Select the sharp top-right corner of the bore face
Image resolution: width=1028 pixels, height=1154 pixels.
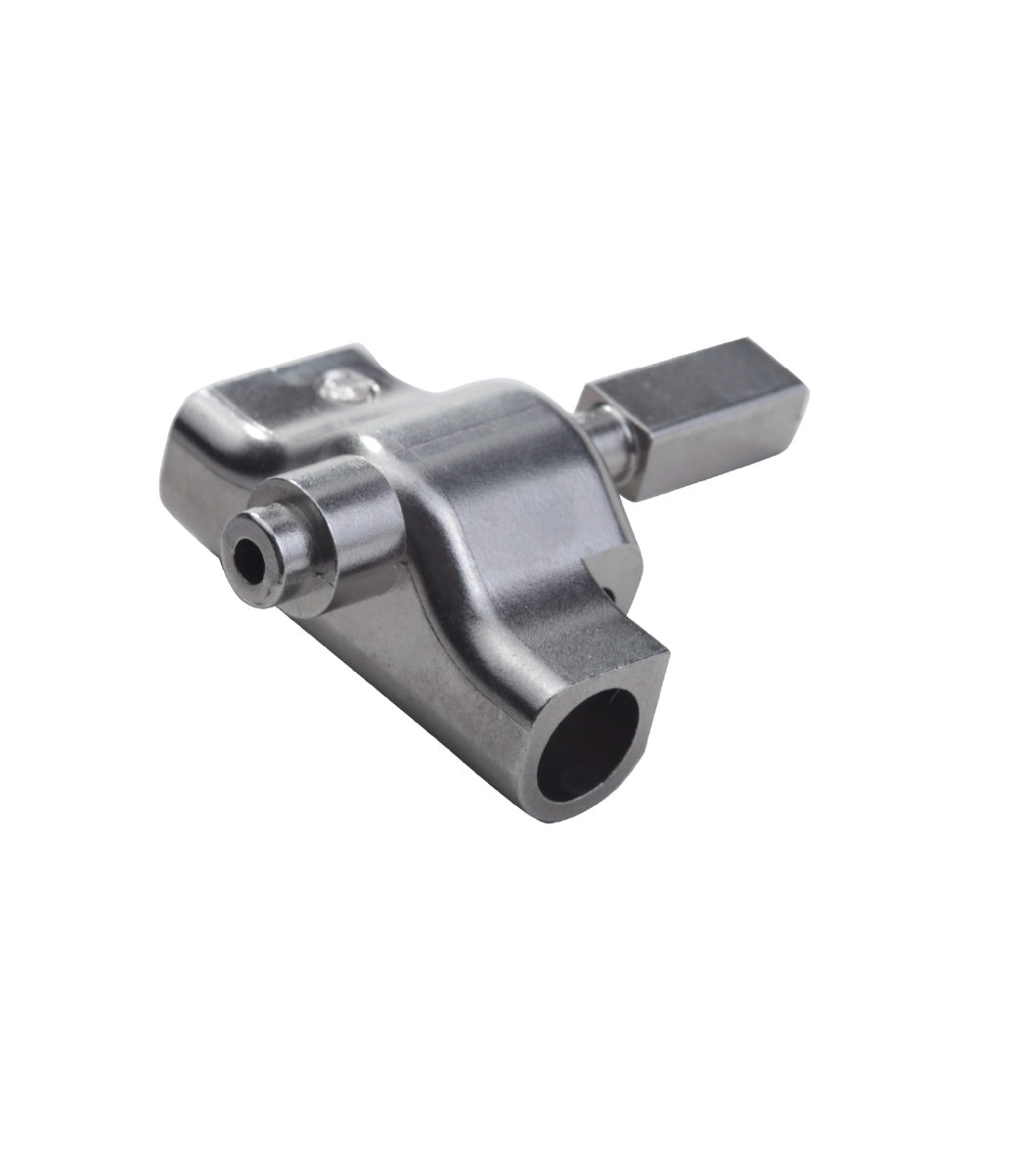(x=668, y=653)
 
